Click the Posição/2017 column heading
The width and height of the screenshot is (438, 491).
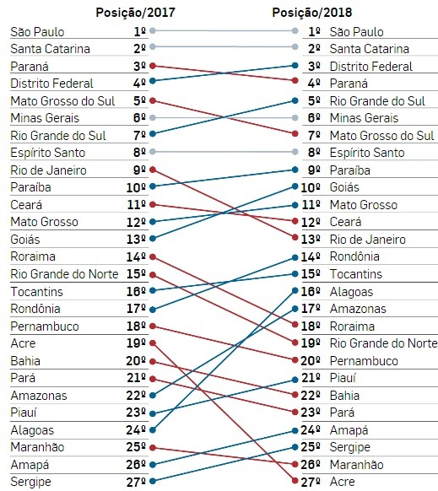(135, 13)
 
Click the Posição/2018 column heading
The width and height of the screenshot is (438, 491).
(312, 13)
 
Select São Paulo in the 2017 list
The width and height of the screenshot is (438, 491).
(37, 32)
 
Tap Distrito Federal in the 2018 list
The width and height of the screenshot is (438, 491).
(371, 67)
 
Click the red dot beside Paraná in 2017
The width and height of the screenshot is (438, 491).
(153, 66)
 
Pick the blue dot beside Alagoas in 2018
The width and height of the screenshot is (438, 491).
(295, 290)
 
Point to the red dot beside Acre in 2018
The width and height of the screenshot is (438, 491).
(295, 480)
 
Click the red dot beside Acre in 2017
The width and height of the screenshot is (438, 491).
(153, 343)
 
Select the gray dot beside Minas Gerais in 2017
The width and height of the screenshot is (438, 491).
(153, 118)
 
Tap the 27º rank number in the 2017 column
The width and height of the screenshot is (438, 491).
(136, 483)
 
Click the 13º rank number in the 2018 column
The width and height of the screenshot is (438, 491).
(311, 240)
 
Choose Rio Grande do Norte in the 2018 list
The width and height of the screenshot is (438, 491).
(383, 343)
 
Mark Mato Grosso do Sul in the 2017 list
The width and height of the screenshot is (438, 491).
(62, 101)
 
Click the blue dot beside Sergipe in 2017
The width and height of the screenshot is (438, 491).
(153, 481)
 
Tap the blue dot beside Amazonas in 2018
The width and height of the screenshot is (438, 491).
(295, 309)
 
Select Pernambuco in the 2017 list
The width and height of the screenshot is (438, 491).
(45, 326)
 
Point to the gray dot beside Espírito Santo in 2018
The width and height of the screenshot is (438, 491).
(295, 152)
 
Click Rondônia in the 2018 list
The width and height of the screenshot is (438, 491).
(354, 256)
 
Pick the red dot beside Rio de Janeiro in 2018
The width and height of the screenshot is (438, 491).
(295, 238)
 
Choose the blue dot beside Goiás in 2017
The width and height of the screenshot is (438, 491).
(153, 239)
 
